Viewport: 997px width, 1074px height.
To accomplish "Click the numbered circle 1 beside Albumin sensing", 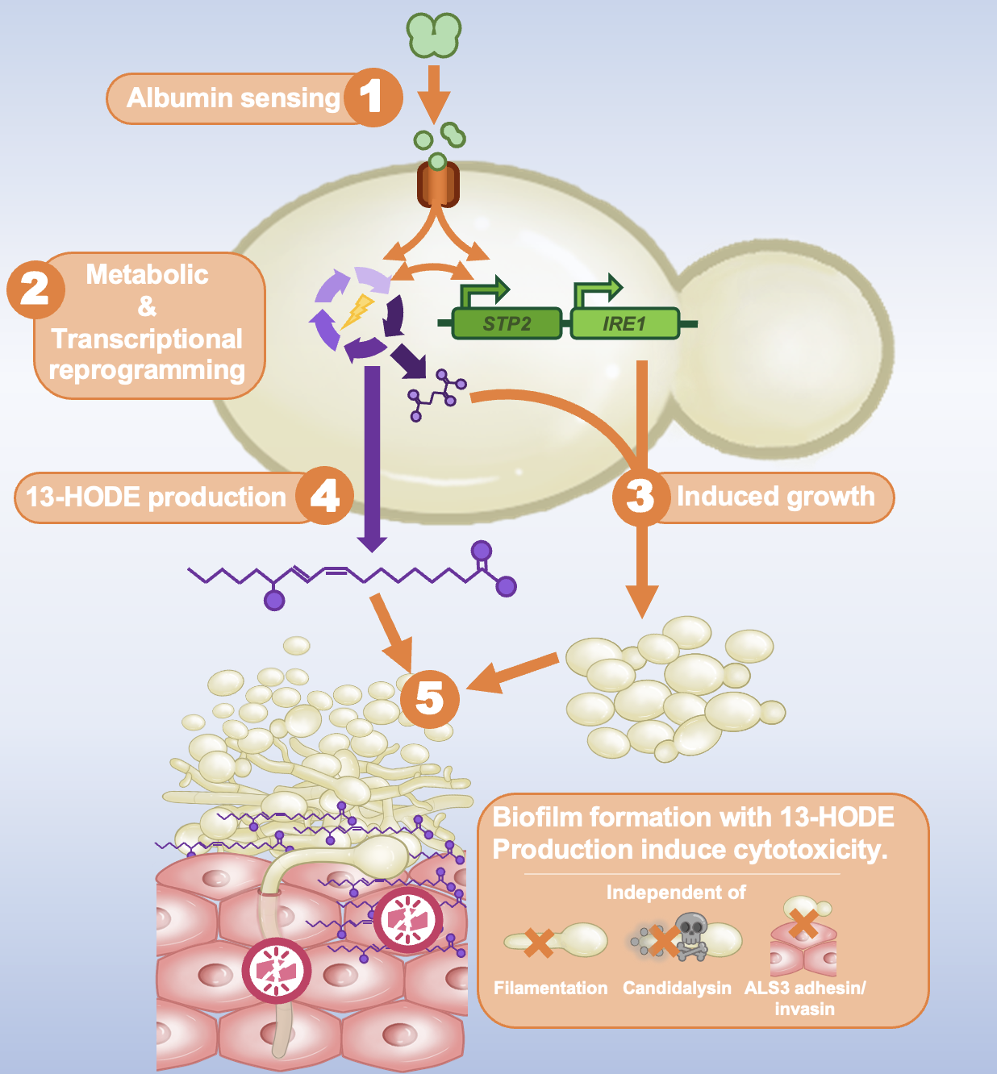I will (x=373, y=98).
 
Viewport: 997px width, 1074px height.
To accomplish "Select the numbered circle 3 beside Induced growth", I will (x=641, y=497).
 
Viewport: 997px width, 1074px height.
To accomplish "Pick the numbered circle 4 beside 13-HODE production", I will (x=324, y=497).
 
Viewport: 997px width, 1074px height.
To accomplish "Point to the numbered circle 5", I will (x=429, y=698).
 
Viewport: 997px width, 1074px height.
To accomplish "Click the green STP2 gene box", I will (x=507, y=324).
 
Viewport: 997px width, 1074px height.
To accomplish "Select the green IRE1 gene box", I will (x=624, y=324).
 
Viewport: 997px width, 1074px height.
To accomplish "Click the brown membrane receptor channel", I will (x=437, y=185).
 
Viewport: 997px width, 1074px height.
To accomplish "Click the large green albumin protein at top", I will (x=434, y=35).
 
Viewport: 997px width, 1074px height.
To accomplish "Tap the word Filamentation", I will (x=551, y=988).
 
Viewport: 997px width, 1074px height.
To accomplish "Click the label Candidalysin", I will (x=677, y=988).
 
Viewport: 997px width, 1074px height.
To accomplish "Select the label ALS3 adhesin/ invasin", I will (x=804, y=997).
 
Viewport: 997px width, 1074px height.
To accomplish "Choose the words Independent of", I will (x=676, y=893).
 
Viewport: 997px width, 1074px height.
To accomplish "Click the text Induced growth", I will (x=775, y=497).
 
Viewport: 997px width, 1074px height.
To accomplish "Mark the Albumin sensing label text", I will (x=233, y=98).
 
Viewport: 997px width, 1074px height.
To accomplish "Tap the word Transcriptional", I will (x=147, y=339).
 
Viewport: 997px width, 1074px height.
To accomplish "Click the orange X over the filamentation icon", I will (x=538, y=942).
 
